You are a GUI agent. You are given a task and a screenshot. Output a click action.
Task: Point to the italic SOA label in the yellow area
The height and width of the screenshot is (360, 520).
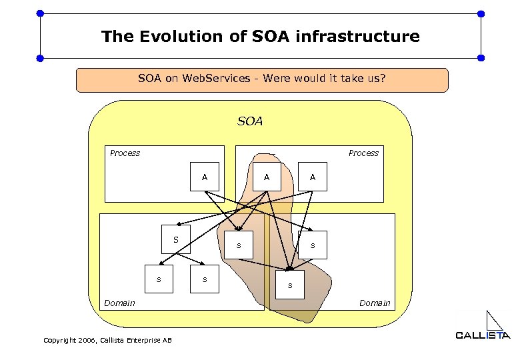click(250, 122)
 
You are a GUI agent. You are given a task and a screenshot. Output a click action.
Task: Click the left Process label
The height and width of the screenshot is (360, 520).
click(125, 153)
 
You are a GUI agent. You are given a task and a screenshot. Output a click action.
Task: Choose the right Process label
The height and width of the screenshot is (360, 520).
click(363, 153)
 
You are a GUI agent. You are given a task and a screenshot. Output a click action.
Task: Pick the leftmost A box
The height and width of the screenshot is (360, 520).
click(204, 177)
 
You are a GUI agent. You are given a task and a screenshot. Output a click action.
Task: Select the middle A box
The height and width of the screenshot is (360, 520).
click(267, 177)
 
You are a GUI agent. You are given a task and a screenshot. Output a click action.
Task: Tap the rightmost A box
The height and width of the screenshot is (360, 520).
click(312, 177)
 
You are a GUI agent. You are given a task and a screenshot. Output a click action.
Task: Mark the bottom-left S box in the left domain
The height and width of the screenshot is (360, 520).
click(159, 279)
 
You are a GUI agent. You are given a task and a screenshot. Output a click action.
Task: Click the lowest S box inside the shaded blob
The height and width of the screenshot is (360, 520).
click(289, 285)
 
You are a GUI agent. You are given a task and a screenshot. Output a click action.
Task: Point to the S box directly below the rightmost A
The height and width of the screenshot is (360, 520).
click(312, 245)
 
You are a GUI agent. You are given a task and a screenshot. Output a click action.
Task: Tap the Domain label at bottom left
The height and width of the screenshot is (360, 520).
click(119, 303)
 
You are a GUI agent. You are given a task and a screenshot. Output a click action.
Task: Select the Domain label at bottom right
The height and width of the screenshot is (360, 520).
click(375, 303)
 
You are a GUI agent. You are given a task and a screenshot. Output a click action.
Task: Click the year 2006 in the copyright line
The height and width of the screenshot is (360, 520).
click(85, 341)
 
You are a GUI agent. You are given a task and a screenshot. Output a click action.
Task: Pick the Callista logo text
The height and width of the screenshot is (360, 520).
click(483, 335)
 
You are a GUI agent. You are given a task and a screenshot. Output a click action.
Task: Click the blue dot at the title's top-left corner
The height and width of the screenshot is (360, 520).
click(40, 13)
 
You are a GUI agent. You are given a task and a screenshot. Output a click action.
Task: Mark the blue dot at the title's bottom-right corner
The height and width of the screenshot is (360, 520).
click(481, 58)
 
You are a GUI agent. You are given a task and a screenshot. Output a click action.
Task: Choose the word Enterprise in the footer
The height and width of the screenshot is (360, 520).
click(143, 341)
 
